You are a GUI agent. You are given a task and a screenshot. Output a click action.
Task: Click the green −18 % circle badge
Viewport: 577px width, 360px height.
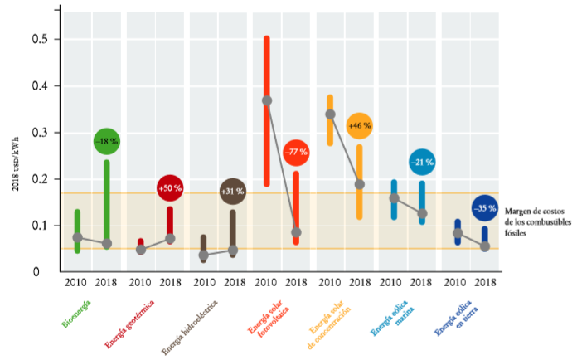pos(107,142)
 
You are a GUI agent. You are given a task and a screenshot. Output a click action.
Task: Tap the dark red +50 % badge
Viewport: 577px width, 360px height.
pos(169,189)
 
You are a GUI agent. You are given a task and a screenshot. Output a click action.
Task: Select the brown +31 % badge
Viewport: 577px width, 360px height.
pos(232,192)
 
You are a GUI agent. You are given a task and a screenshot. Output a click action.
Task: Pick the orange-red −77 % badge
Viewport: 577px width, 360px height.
pos(296,153)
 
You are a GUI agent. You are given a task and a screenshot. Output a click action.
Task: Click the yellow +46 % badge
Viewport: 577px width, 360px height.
pos(359,126)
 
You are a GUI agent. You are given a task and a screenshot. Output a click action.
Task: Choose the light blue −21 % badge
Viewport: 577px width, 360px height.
pos(422,163)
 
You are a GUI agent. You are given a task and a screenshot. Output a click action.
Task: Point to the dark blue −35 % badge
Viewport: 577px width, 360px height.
pos(485,208)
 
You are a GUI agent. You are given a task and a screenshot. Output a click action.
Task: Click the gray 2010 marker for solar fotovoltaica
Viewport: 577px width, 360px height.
pos(267,100)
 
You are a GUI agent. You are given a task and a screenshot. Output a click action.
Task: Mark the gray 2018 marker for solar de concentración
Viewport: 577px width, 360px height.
pos(360,184)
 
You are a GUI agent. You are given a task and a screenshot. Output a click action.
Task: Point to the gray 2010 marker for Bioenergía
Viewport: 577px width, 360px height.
pos(78,237)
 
